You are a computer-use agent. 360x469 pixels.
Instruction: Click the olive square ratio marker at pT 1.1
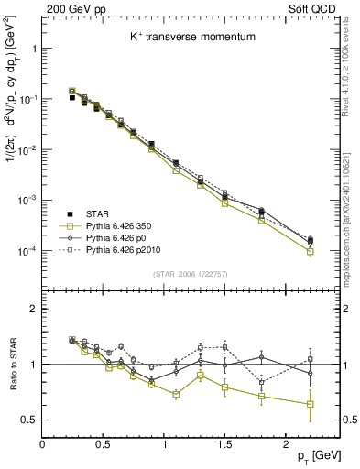click(176, 395)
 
